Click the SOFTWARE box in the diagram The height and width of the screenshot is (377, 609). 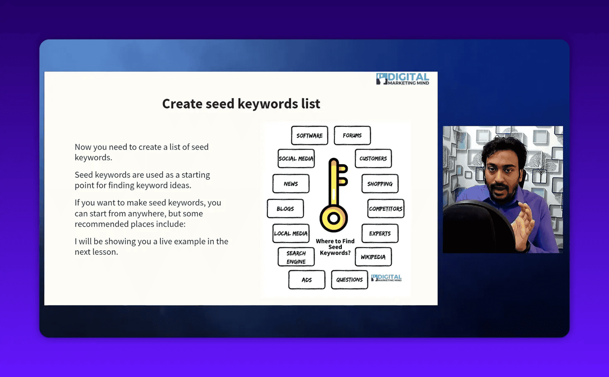(x=309, y=135)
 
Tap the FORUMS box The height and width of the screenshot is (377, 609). (x=352, y=135)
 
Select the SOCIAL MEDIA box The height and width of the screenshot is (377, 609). (x=296, y=159)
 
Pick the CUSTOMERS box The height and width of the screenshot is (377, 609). (x=373, y=159)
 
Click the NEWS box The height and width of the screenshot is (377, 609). (x=291, y=184)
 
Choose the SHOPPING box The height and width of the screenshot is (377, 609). (x=379, y=184)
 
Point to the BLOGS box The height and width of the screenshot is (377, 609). (x=285, y=209)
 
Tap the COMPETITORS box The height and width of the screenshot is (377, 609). (x=385, y=209)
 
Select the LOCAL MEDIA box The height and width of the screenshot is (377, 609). (x=291, y=234)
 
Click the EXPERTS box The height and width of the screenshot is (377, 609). (x=379, y=234)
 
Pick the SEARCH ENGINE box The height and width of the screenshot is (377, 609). (x=296, y=257)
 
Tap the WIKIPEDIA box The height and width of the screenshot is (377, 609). (x=373, y=257)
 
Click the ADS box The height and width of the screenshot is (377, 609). (x=307, y=280)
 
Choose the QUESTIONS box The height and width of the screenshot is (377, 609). (x=349, y=280)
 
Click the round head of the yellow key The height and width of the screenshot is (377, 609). (x=333, y=218)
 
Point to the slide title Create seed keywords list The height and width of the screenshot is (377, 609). (x=241, y=104)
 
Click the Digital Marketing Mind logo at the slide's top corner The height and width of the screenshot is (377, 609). (x=402, y=79)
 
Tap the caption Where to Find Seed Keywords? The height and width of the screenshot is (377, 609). (x=335, y=247)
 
